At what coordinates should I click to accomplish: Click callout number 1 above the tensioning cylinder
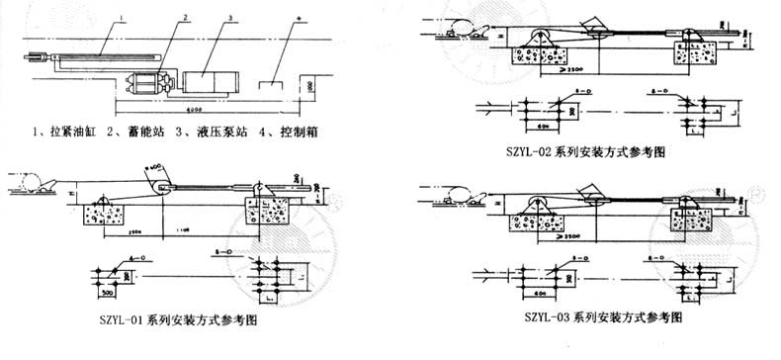[122, 17]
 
